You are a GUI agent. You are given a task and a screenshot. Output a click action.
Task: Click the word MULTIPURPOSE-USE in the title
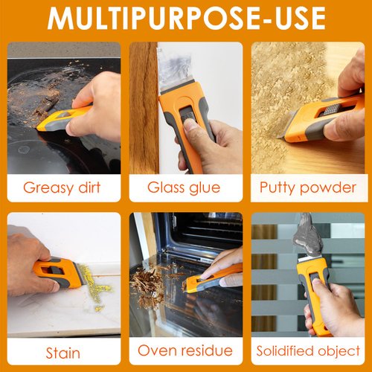coord(186,18)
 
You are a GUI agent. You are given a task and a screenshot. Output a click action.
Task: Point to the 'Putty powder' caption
coord(308,187)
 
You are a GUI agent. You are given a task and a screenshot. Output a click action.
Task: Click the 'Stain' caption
coord(63,350)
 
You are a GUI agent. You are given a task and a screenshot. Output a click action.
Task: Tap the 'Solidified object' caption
coord(308,350)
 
